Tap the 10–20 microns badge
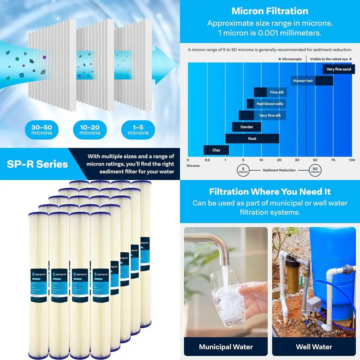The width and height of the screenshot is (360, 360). [90, 130]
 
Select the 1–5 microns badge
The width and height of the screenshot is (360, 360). [138, 130]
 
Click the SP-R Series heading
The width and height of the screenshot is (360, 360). [37, 164]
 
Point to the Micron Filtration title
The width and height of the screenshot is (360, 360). [269, 11]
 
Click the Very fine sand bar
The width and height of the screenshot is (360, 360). [338, 69]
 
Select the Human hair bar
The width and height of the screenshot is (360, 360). [312, 81]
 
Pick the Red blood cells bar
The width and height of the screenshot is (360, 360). [266, 104]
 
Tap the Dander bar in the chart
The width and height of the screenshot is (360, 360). [247, 127]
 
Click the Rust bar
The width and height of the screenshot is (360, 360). [252, 138]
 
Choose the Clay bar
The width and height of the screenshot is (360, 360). [216, 150]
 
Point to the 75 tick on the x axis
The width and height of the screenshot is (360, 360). [333, 160]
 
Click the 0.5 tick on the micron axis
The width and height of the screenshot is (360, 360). [207, 160]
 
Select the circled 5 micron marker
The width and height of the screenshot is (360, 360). [243, 170]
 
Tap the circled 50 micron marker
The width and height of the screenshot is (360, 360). [315, 170]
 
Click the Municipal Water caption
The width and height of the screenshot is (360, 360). [226, 347]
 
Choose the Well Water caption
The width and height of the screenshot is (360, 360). [314, 347]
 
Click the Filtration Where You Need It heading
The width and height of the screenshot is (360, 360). [270, 192]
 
